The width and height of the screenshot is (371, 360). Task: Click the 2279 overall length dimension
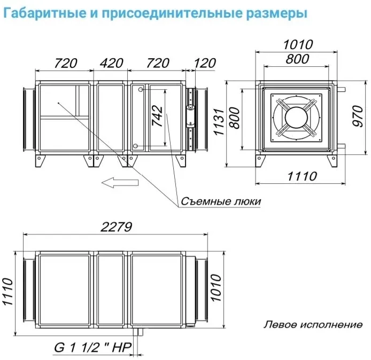[x=116, y=227]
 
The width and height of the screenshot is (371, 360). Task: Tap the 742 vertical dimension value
[x=157, y=116]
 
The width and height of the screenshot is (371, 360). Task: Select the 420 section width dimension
[x=111, y=63]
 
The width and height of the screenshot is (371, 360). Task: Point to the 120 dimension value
[x=205, y=63]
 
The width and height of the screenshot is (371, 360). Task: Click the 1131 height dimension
[x=219, y=122]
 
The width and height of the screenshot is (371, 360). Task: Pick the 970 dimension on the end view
[x=358, y=116]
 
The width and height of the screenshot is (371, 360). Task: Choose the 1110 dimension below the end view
[x=302, y=176]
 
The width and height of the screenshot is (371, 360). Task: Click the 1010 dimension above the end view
[x=298, y=45]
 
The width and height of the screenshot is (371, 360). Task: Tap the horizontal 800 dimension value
[x=297, y=59]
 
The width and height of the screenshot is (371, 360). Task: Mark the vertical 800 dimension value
[x=235, y=118]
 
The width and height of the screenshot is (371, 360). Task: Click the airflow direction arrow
[x=120, y=183]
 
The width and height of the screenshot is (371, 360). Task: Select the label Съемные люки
[x=221, y=201]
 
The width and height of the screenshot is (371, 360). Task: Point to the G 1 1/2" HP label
[x=93, y=348]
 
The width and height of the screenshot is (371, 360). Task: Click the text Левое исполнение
[x=313, y=325]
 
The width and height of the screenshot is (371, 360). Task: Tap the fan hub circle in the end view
[x=297, y=118]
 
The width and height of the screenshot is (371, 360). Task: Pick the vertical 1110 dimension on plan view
[x=7, y=292]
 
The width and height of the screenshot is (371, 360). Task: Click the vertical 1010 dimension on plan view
[x=215, y=287]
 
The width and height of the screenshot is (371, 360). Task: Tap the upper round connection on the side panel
[x=141, y=90]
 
